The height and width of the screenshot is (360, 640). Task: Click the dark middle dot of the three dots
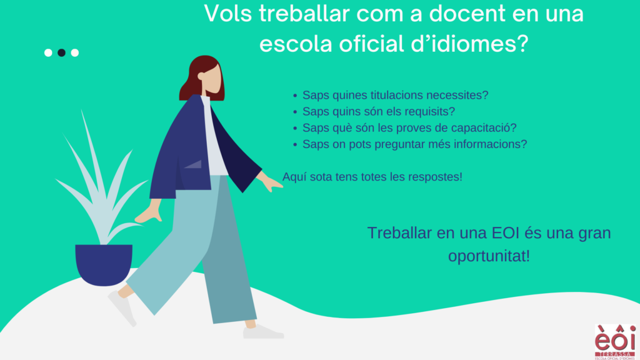(x=61, y=52)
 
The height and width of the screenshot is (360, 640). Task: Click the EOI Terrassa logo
(x=615, y=342)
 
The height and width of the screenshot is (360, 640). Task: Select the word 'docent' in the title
(x=467, y=13)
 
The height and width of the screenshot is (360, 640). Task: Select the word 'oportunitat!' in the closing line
(x=489, y=256)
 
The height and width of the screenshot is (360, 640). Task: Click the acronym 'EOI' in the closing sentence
(x=505, y=233)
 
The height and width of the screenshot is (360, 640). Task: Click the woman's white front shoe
(x=263, y=332)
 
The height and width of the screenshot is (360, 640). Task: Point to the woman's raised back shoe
(x=122, y=309)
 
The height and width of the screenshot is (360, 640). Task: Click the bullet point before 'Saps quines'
(x=295, y=96)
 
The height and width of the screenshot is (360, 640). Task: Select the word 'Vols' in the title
(x=227, y=13)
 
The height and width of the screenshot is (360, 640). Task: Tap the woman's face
(x=211, y=79)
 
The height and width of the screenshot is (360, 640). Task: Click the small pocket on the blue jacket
(x=194, y=164)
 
